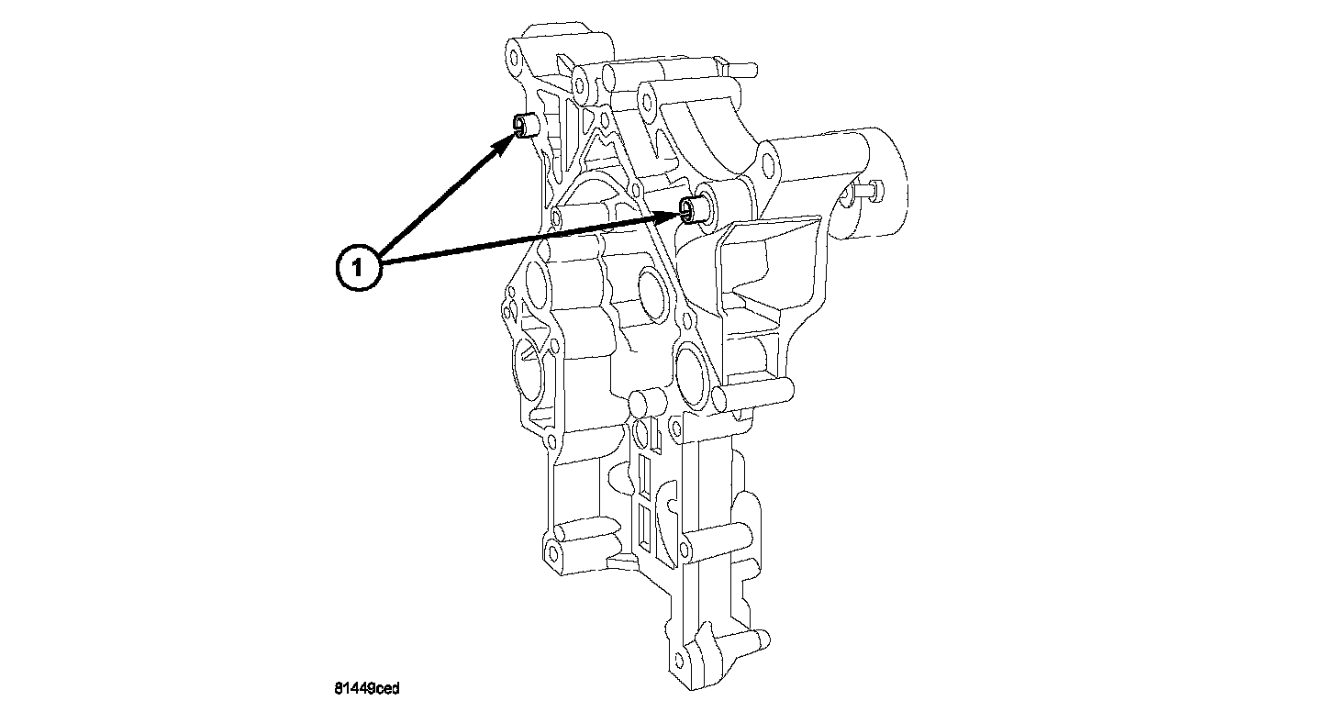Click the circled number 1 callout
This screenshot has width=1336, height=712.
point(360,267)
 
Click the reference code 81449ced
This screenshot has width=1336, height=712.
point(366,687)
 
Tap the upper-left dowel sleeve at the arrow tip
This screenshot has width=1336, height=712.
point(525,124)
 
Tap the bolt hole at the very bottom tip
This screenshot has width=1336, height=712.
point(679,657)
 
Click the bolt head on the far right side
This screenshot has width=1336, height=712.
point(869,191)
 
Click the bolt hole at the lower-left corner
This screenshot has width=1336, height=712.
point(552,553)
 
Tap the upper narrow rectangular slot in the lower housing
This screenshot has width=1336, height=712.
point(645,471)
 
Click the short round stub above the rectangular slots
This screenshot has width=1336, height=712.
point(646,401)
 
